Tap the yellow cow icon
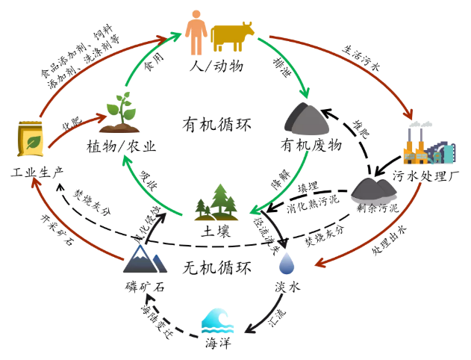point(232,34)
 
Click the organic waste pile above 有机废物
point(308,119)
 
